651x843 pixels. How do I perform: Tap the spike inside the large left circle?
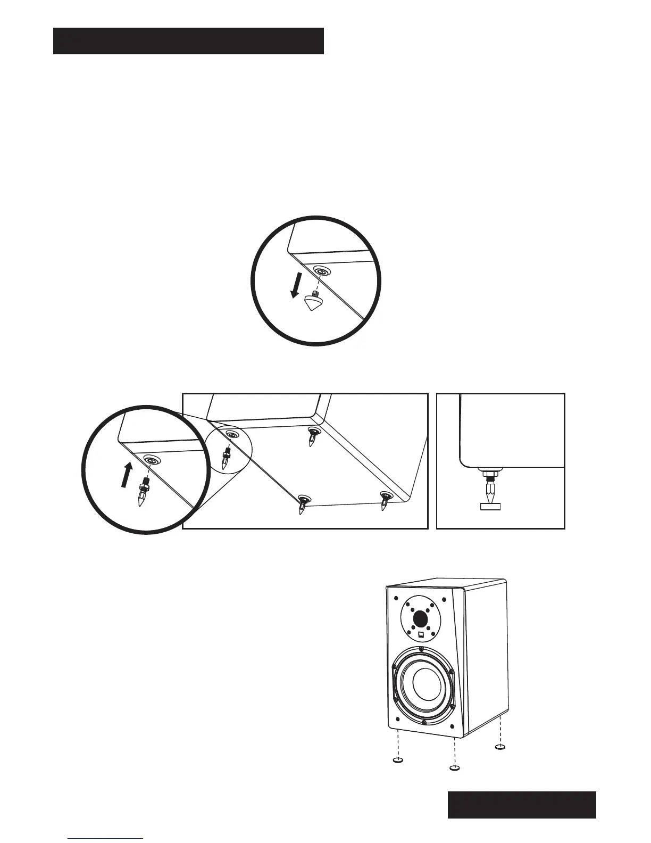click(143, 493)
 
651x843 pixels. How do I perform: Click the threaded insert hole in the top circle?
click(321, 271)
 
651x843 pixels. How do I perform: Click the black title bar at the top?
click(188, 41)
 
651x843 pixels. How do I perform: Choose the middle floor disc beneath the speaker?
click(454, 768)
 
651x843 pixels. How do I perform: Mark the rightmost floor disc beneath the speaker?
click(500, 748)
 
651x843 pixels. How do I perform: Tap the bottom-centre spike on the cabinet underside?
click(303, 504)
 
